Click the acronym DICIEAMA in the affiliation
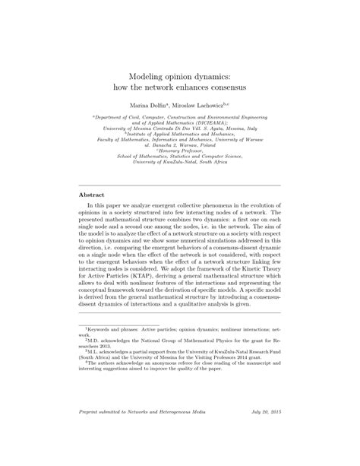(x=207, y=122)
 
